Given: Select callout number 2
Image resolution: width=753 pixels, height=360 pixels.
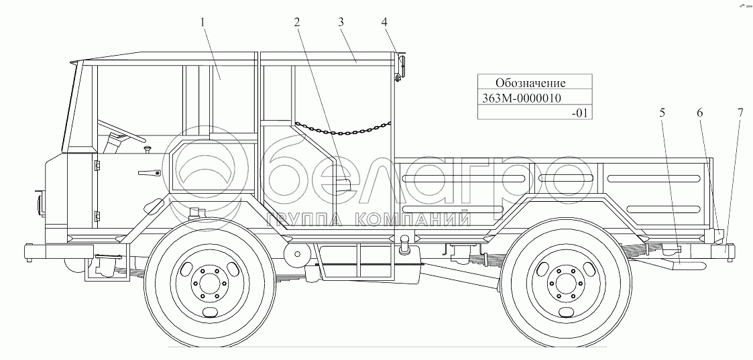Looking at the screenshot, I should (296, 22).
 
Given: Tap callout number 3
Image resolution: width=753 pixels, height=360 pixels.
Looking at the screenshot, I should (341, 22).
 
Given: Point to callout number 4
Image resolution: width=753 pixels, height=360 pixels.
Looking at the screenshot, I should (384, 22).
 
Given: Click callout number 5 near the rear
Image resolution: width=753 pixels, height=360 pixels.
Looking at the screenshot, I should (662, 113).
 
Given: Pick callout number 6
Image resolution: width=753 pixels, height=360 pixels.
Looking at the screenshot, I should (700, 113).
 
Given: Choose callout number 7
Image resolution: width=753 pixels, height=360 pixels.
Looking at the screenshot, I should (740, 113).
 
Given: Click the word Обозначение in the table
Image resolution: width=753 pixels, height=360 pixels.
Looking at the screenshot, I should (530, 83).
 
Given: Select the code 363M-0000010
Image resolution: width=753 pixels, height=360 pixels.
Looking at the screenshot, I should (522, 98).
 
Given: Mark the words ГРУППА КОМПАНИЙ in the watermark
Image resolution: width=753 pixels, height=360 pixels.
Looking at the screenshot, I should (367, 220).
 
